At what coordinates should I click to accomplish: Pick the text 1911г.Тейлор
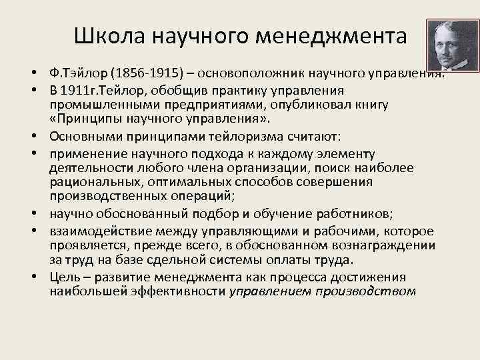pyautogui.click(x=101, y=90)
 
